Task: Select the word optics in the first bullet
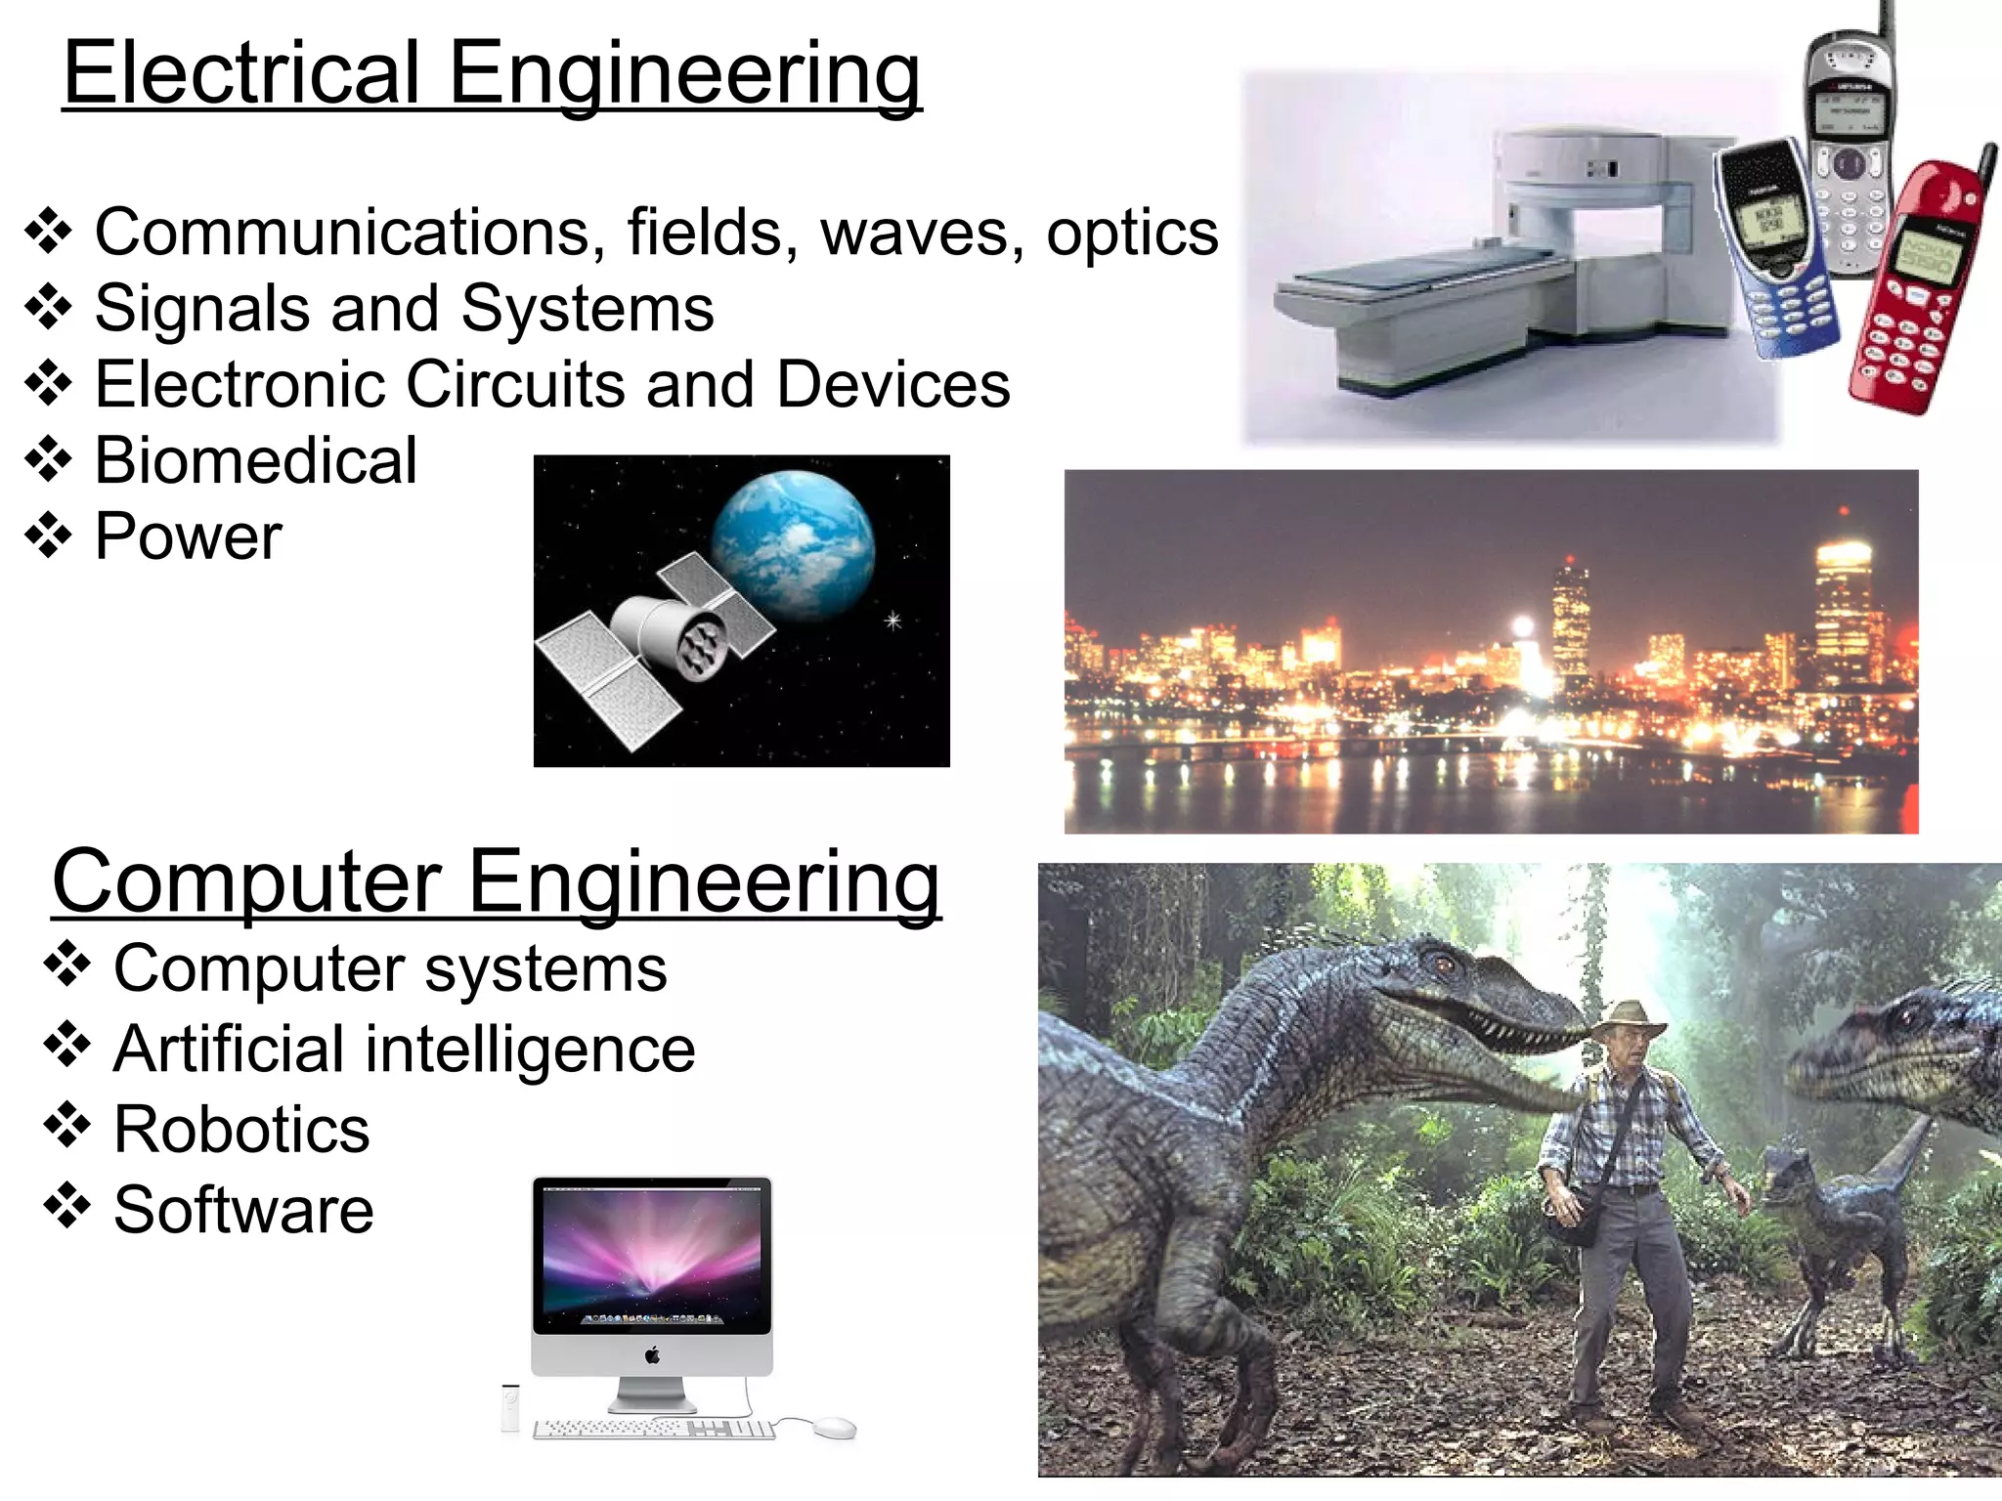(1132, 233)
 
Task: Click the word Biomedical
(256, 460)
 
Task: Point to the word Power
(189, 536)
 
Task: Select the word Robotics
(241, 1130)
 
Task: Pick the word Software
(243, 1210)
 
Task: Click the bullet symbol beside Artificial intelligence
(66, 1045)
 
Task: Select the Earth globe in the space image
(793, 543)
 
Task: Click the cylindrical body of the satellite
(665, 633)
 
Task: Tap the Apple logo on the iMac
(652, 1354)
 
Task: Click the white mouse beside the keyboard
(834, 1426)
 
